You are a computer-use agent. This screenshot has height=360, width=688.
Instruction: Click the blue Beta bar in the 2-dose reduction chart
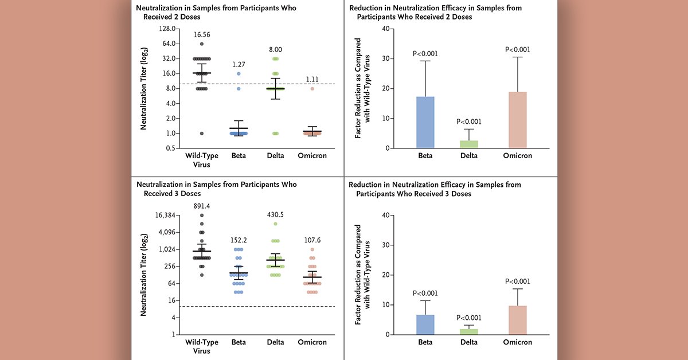tap(425, 123)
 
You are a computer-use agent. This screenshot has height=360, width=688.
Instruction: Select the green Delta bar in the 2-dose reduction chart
tap(469, 144)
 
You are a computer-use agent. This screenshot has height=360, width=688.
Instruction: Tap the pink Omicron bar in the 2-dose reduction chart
tap(517, 120)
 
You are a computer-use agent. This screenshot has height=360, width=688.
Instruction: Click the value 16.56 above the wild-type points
tap(202, 34)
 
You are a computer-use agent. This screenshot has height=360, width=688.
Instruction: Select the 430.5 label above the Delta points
tap(275, 214)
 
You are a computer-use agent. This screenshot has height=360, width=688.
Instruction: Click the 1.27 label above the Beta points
tap(239, 64)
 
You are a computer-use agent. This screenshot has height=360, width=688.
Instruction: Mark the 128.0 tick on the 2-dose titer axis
tap(166, 29)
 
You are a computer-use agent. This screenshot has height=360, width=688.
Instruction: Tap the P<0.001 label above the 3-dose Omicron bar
tap(517, 281)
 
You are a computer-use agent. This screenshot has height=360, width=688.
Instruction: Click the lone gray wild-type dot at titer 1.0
tap(202, 134)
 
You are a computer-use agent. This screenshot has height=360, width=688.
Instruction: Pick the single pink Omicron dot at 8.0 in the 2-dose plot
tap(312, 88)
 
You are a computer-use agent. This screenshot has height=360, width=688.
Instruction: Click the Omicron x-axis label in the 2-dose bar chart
tap(517, 155)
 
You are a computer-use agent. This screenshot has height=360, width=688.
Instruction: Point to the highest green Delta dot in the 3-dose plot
tap(275, 224)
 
